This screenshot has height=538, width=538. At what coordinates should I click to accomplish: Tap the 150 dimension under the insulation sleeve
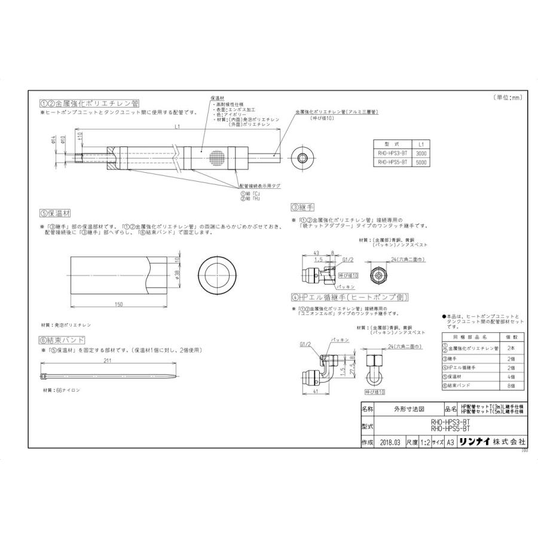point(119,304)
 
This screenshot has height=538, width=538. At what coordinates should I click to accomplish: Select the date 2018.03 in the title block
point(390,442)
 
